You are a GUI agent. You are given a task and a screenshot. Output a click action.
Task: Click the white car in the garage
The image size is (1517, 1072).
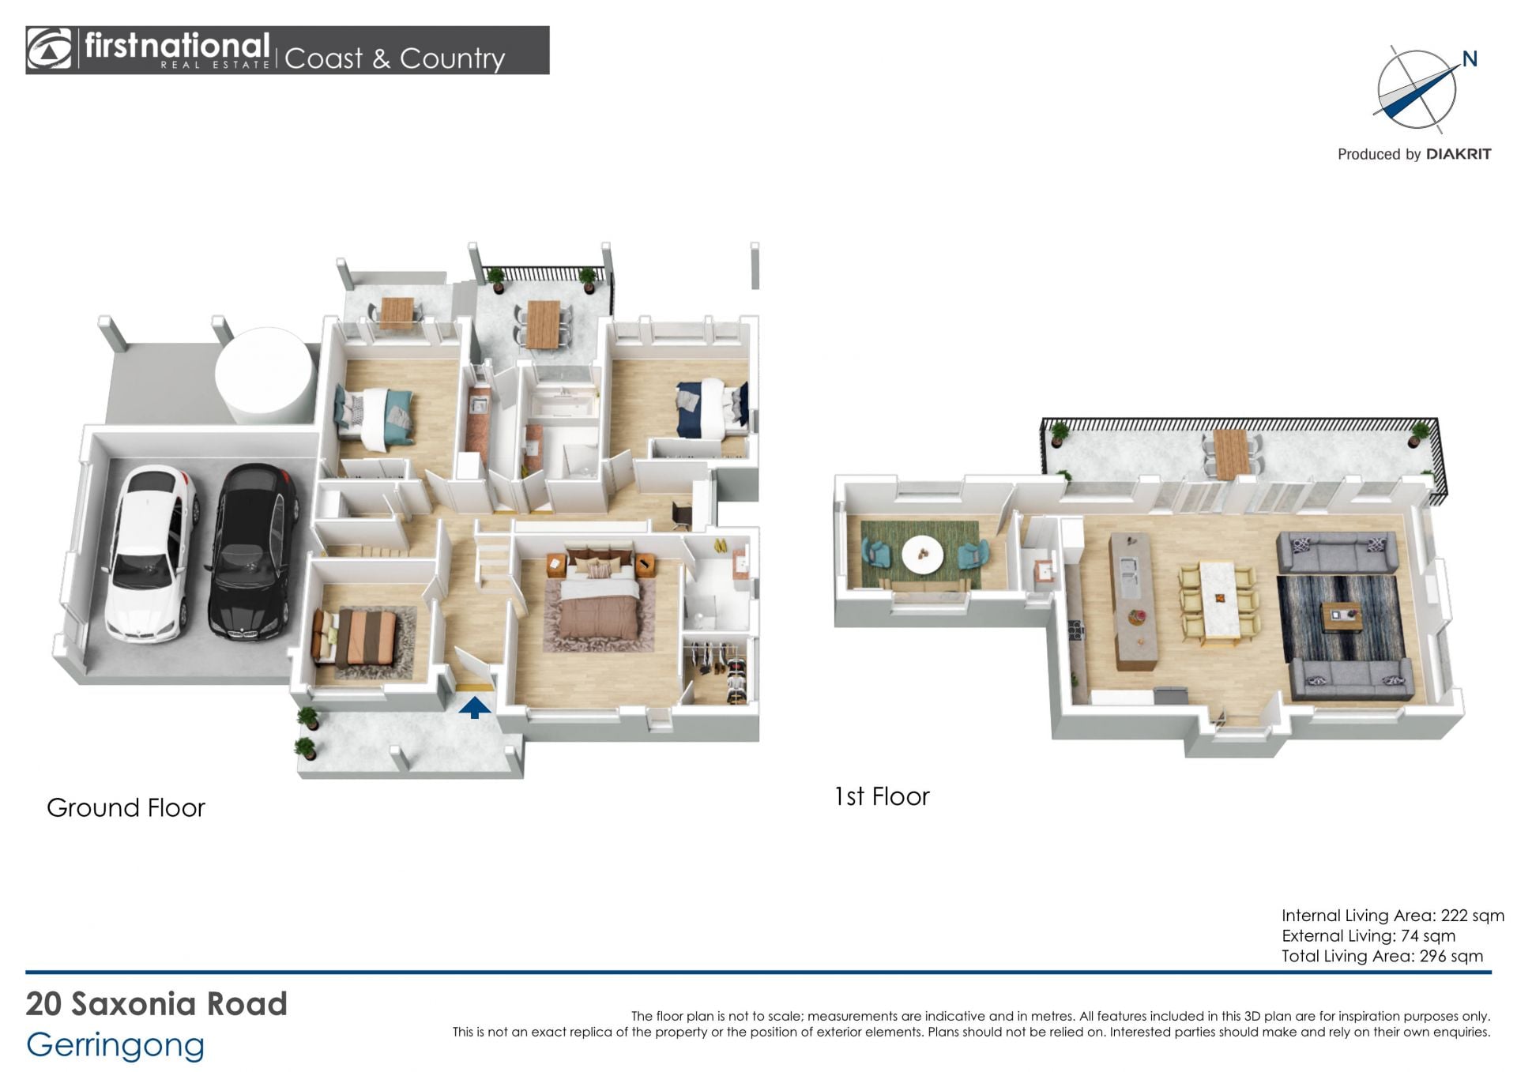pos(150,553)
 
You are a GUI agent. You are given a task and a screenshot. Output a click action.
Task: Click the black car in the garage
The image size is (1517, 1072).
pos(253,551)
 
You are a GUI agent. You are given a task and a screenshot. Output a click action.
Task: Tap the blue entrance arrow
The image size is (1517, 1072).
pos(474,707)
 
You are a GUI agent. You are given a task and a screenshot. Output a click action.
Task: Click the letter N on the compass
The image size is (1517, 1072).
pos(1470,59)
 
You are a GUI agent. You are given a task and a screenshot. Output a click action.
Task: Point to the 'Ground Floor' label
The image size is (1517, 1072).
pos(126,807)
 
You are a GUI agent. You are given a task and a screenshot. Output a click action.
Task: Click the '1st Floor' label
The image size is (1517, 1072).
pos(882,796)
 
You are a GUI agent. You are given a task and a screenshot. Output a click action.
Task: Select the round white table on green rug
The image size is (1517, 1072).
pos(922,555)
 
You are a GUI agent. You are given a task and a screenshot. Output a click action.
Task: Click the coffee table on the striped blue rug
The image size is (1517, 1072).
pos(1342,617)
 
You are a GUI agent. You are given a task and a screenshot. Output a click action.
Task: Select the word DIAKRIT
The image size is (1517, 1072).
pos(1459,154)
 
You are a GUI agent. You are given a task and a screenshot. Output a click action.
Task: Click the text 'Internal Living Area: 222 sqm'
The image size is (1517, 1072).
pos(1393,916)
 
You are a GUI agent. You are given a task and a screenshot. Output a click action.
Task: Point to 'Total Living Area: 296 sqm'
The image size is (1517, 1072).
pos(1383,956)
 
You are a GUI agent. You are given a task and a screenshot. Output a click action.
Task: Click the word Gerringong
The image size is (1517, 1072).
pos(115,1046)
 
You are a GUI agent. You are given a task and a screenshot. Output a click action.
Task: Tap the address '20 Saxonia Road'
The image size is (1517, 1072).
pos(156,1004)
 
